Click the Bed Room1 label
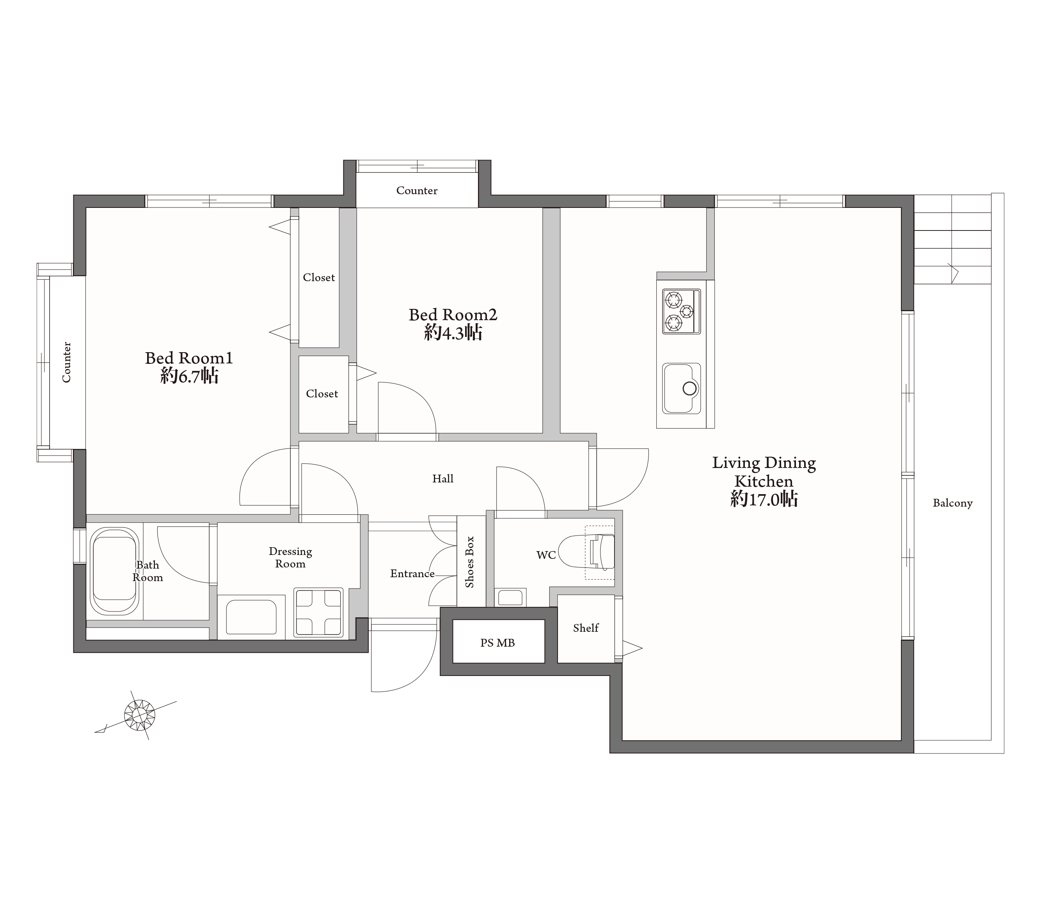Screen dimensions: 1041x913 click(x=189, y=358)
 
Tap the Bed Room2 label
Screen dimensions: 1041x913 click(x=453, y=315)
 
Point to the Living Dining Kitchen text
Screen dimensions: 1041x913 click(x=764, y=472)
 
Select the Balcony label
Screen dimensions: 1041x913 click(x=952, y=503)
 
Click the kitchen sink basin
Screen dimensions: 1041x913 click(x=681, y=388)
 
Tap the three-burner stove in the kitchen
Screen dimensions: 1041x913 click(x=681, y=311)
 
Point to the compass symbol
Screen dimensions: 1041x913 click(x=139, y=715)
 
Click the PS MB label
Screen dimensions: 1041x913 click(x=497, y=643)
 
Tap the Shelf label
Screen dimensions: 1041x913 click(x=586, y=628)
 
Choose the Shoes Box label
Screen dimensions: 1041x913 click(x=469, y=562)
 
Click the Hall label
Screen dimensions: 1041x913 click(x=442, y=479)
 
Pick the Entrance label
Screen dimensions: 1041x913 click(x=412, y=574)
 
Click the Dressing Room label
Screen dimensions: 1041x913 click(x=290, y=558)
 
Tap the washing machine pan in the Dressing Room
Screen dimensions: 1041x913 click(x=318, y=613)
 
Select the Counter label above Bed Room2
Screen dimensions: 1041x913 click(x=417, y=190)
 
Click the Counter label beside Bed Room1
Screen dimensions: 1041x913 click(x=66, y=362)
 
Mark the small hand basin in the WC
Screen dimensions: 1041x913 click(x=510, y=597)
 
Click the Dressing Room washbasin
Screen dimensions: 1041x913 click(x=251, y=617)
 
